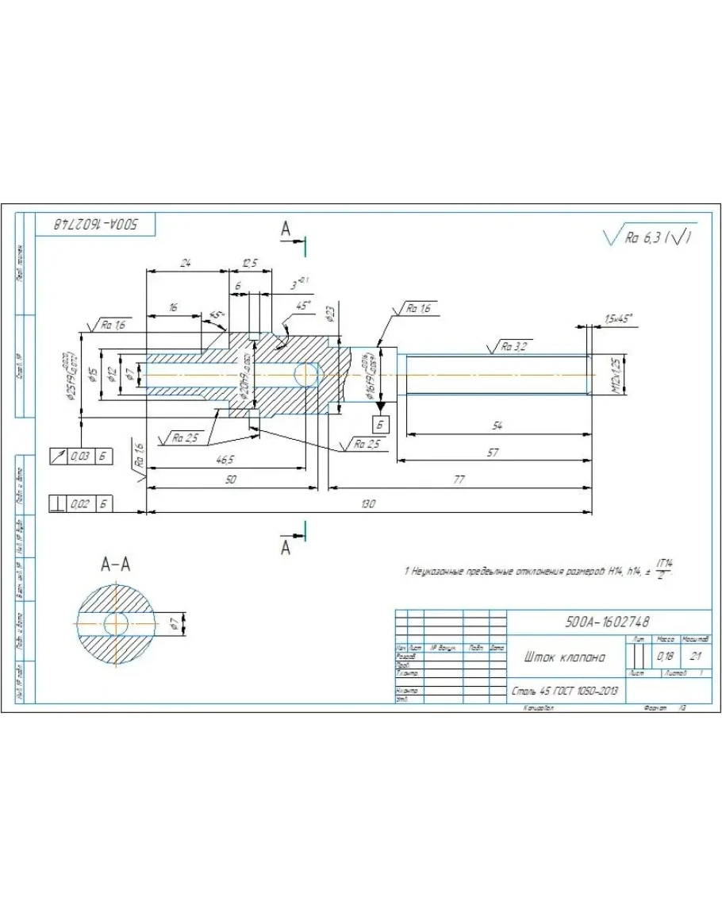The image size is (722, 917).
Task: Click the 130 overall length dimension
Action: click(x=367, y=505)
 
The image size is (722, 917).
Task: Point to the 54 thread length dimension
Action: click(x=496, y=426)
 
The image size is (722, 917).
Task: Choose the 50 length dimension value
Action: click(x=231, y=480)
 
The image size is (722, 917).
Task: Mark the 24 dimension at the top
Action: click(x=186, y=263)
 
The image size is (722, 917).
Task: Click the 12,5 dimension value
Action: click(x=250, y=263)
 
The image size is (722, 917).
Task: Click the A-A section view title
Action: click(x=116, y=564)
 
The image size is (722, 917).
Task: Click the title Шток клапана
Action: click(x=564, y=657)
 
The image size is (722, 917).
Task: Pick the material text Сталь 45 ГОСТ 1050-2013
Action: click(x=565, y=692)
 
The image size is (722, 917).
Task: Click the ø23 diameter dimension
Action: click(x=331, y=314)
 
